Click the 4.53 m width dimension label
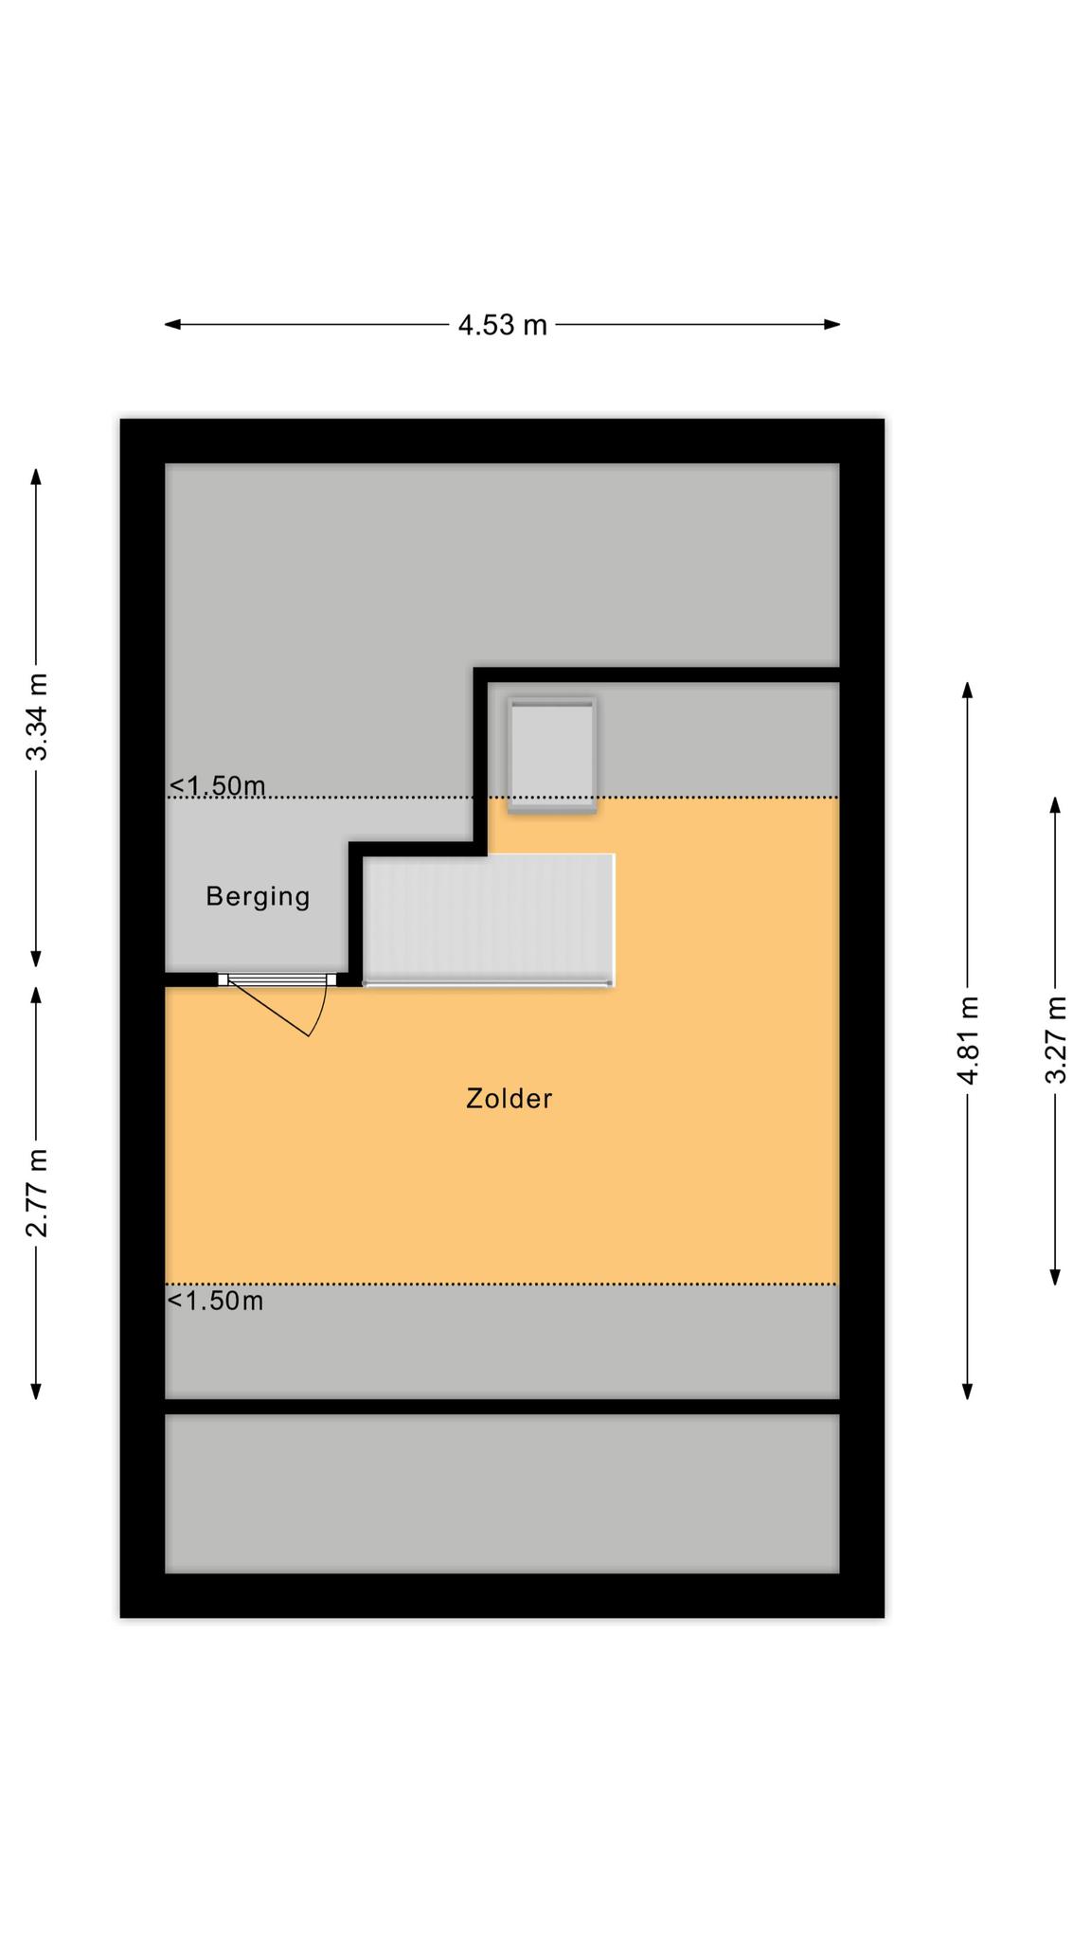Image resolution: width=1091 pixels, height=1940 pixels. click(502, 325)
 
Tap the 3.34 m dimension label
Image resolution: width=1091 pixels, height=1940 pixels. click(37, 717)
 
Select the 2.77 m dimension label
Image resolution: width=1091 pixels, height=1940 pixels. click(37, 1193)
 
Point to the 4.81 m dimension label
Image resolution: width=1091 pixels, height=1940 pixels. click(967, 1040)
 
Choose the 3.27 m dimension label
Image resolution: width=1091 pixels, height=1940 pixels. click(1055, 1040)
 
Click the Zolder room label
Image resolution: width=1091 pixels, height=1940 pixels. click(509, 1099)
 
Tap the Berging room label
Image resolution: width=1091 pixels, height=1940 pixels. click(258, 896)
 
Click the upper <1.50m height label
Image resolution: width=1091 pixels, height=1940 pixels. click(217, 785)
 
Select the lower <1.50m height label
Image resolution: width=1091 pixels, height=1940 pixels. click(216, 1301)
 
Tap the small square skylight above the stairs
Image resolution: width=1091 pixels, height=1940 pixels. click(552, 755)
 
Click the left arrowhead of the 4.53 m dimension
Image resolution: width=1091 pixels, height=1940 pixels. click(172, 324)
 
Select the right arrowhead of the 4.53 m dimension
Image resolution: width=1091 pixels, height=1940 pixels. click(832, 324)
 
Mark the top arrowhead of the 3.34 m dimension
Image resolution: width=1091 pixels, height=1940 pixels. click(37, 476)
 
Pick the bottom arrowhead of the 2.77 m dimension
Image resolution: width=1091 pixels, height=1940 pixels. click(37, 1391)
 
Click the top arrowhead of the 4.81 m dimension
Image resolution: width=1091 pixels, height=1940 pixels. click(967, 690)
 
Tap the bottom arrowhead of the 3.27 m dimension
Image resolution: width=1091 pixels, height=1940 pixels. click(1055, 1276)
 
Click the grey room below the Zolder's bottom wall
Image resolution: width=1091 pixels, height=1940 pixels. click(502, 1494)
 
